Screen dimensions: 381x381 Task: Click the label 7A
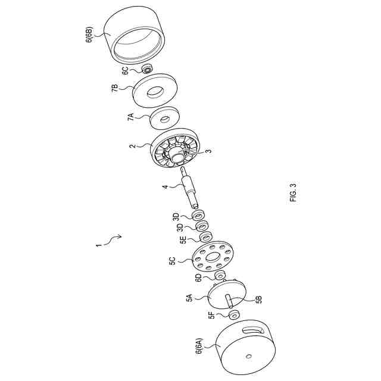(131, 116)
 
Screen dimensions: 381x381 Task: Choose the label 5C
(172, 261)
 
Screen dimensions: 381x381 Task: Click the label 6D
(199, 277)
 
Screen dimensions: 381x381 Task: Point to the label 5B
(258, 299)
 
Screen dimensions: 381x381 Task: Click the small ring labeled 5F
(233, 314)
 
